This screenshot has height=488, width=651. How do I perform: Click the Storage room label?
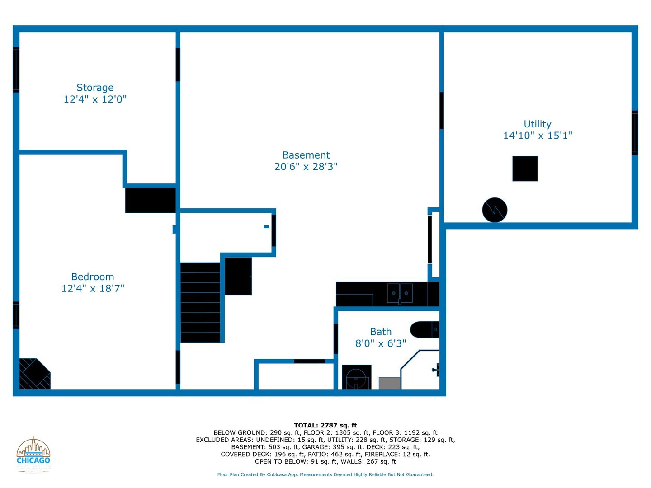(95, 88)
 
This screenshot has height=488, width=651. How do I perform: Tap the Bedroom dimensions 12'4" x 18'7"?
(93, 288)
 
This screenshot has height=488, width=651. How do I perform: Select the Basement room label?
(306, 155)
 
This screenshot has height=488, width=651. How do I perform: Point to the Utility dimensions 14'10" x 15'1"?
(538, 136)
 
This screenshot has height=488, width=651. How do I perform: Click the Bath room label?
(381, 332)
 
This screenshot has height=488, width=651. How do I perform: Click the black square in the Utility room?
(525, 169)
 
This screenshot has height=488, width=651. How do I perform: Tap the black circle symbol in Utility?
(495, 210)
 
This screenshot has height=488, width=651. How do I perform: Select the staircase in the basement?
(200, 302)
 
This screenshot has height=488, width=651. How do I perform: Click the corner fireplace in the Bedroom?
(33, 375)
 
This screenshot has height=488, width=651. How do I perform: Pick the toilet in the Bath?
(356, 377)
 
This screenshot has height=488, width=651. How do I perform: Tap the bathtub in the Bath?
(424, 330)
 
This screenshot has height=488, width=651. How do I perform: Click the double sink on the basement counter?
(400, 293)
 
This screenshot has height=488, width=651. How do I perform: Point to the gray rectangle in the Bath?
(389, 383)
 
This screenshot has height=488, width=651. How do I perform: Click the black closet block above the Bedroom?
(151, 200)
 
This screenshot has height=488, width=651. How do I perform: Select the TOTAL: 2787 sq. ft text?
(325, 425)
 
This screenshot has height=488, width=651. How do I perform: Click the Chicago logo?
(33, 455)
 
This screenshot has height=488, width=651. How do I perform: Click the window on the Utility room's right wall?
(635, 133)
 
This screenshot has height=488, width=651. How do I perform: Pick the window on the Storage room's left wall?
(16, 70)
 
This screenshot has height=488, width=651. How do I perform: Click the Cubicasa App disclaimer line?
(325, 474)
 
